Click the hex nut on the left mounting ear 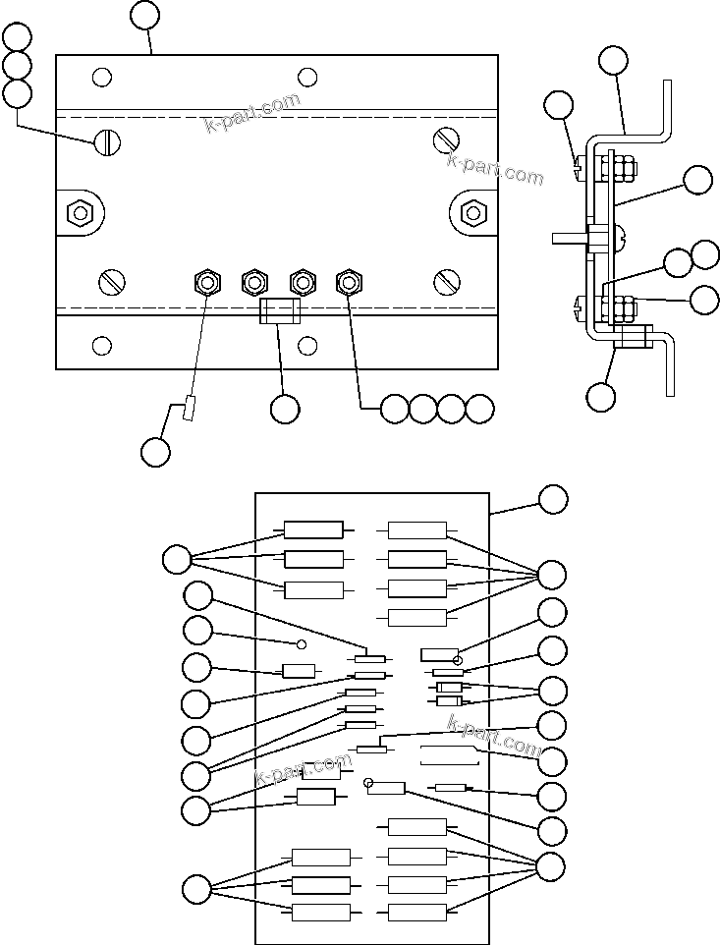(x=78, y=212)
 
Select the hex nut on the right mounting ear (x=474, y=212)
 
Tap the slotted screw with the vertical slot (x=107, y=142)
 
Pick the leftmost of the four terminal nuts (x=206, y=283)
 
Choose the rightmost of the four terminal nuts (x=348, y=283)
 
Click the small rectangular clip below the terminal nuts (x=278, y=311)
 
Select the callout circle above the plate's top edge (x=144, y=15)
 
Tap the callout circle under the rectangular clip (x=285, y=410)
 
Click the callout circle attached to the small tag (x=155, y=452)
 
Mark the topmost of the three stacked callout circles (x=17, y=38)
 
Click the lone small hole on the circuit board (x=303, y=644)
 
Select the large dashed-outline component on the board (x=449, y=755)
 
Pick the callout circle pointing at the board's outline (x=553, y=498)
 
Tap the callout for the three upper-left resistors (x=177, y=560)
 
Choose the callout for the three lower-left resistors (x=196, y=890)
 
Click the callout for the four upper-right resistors (x=553, y=574)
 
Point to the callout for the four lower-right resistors (x=553, y=866)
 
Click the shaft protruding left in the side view (x=569, y=238)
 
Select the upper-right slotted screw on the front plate (x=447, y=140)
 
